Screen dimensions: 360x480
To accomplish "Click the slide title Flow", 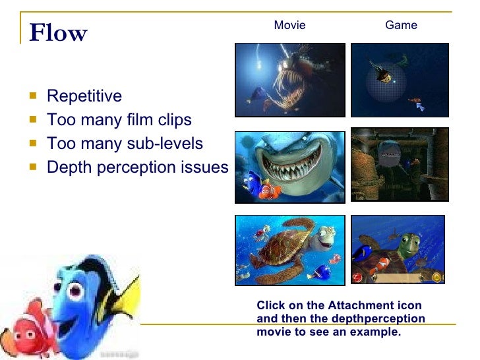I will point(58,32).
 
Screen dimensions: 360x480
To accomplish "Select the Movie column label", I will point(289,25).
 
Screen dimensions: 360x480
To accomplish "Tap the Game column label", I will point(401,25).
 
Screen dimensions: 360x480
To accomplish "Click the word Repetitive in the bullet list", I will point(84,96).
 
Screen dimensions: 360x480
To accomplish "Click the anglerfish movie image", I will point(290,80).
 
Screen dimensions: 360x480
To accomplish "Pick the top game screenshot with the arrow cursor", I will point(399,80).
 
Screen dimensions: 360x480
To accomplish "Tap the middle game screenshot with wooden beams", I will point(400,164).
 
